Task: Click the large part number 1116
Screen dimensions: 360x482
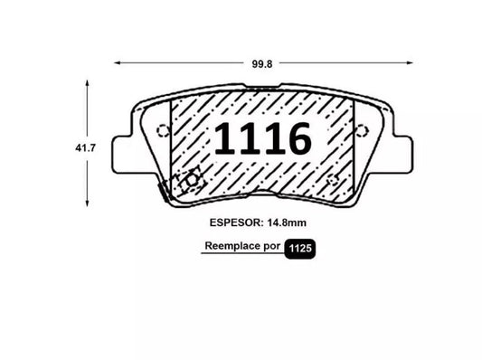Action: point(263,138)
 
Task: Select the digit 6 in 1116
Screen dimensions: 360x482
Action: point(298,138)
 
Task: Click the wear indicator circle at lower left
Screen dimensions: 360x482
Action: point(190,180)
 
